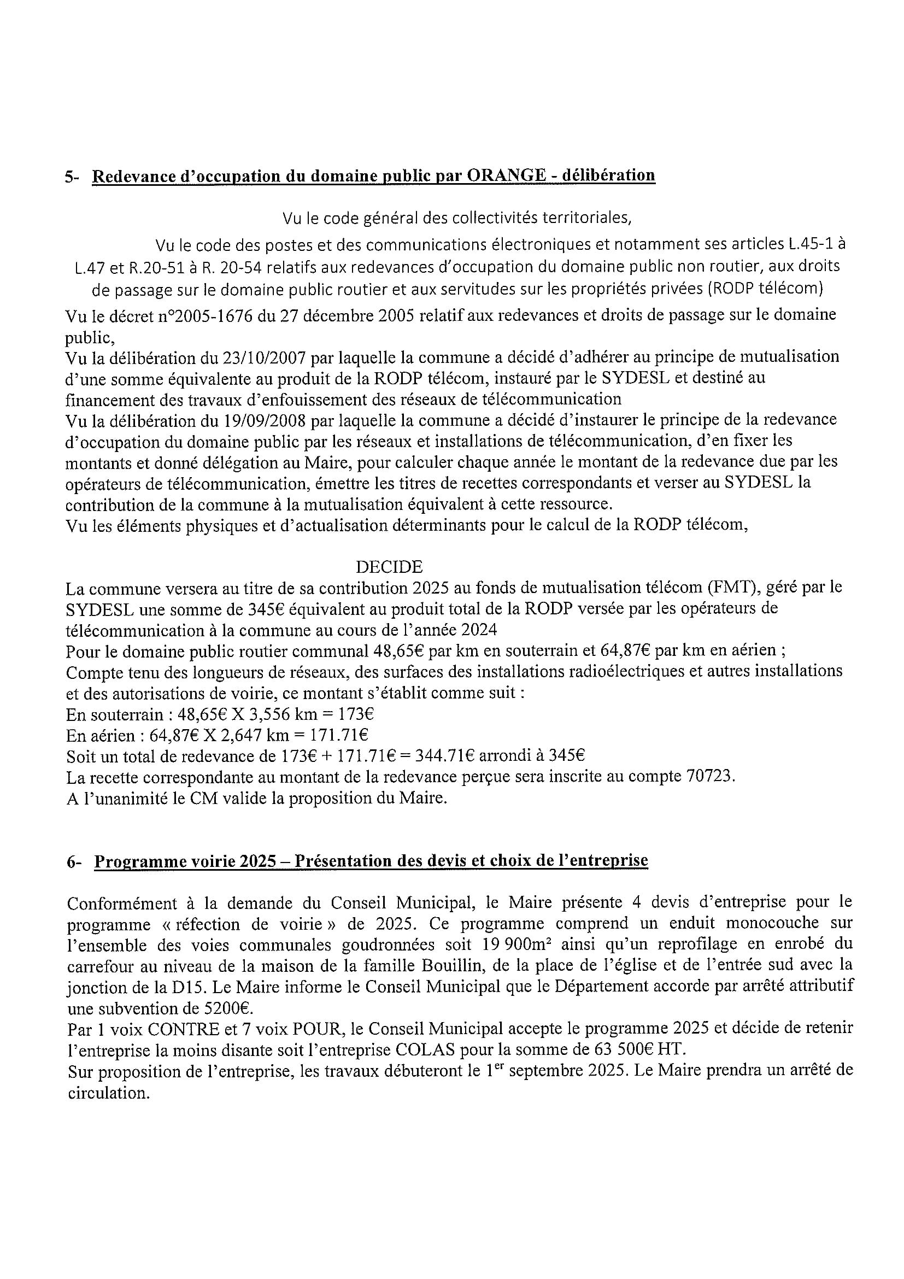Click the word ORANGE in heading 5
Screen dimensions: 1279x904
coord(506,175)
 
